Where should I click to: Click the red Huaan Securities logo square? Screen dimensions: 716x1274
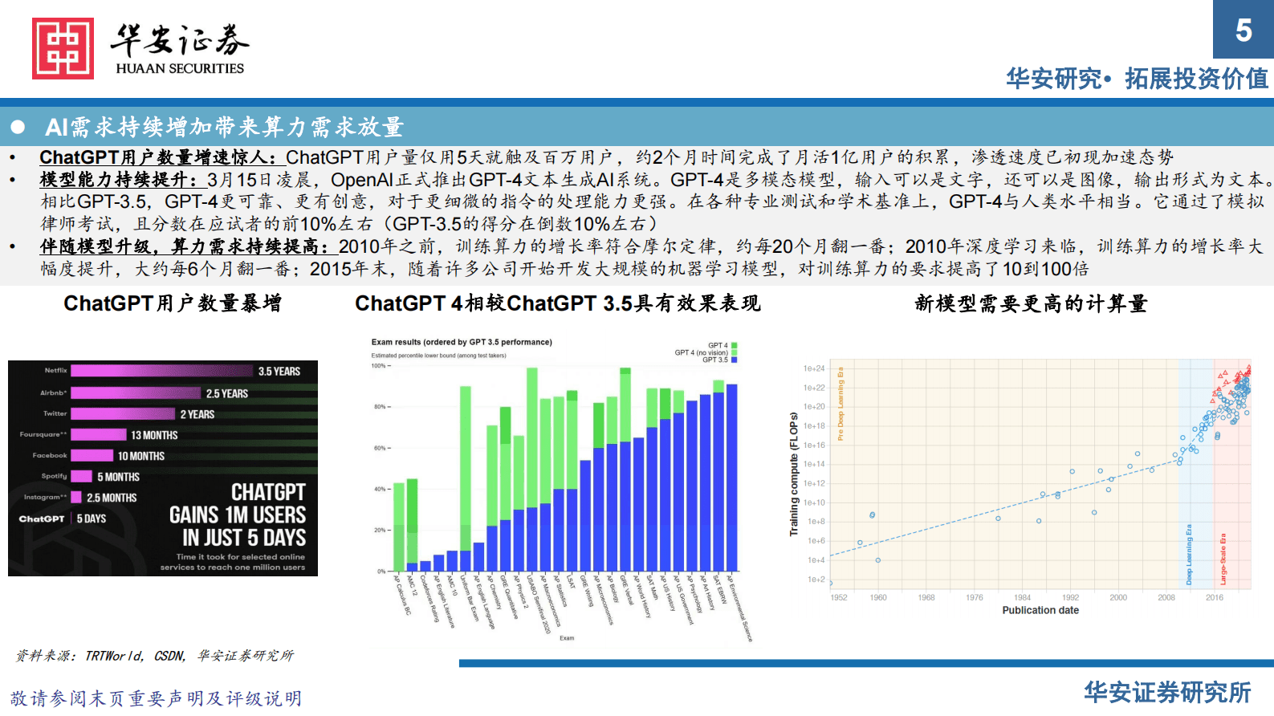(x=63, y=48)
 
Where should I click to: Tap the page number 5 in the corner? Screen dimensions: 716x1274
(x=1243, y=31)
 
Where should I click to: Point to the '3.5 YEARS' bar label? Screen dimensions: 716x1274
(x=279, y=372)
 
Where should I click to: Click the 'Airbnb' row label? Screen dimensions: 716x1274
(x=54, y=393)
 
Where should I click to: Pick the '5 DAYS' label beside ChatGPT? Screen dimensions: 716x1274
(x=92, y=519)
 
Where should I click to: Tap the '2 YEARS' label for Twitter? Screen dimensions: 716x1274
(x=197, y=414)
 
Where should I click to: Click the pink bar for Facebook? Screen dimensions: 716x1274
(x=92, y=456)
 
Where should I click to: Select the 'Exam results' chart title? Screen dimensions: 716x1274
(x=462, y=342)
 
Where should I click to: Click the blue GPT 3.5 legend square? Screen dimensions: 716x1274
(x=734, y=360)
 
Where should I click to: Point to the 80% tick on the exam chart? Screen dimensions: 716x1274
(x=380, y=407)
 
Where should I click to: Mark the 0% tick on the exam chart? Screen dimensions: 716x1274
(x=381, y=572)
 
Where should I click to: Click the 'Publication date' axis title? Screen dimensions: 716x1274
(x=1040, y=610)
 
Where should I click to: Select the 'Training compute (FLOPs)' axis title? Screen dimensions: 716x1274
(x=794, y=474)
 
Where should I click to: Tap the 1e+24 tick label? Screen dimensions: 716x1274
(x=814, y=368)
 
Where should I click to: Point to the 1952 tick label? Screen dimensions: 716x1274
(x=839, y=597)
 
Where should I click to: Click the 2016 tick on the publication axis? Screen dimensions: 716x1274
(x=1215, y=597)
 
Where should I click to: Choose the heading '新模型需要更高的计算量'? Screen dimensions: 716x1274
(x=1031, y=303)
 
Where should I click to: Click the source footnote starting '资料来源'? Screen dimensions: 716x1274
(x=155, y=656)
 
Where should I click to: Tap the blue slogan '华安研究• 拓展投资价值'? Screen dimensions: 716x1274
(x=1137, y=79)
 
